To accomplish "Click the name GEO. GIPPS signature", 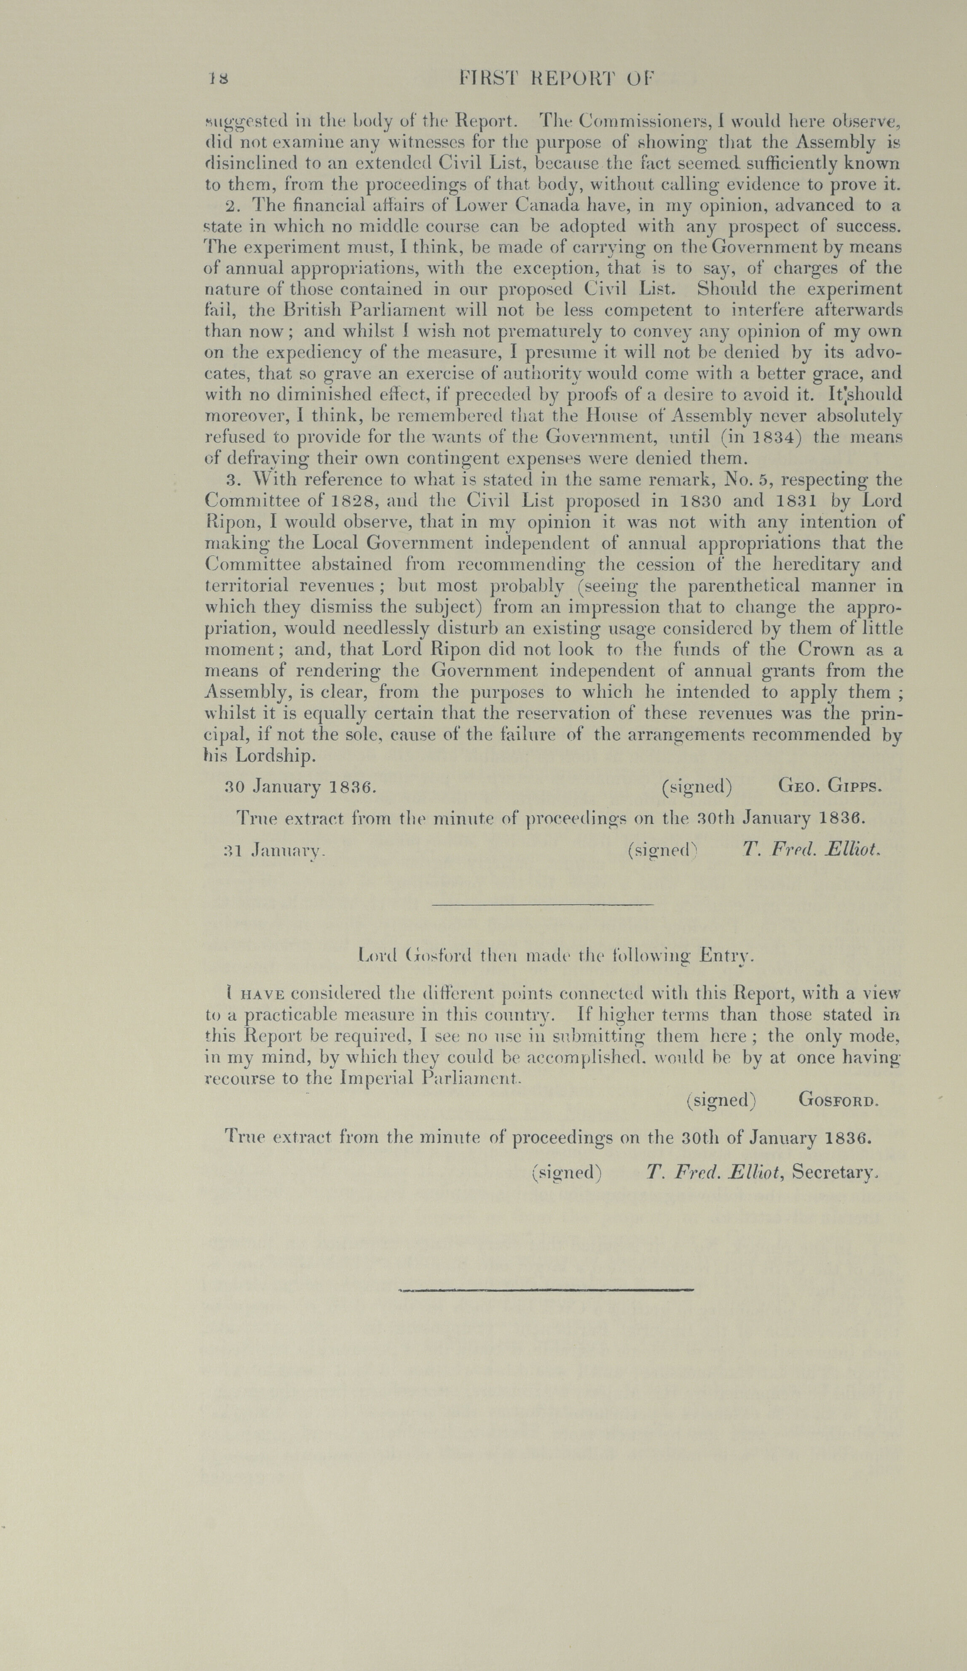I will [x=830, y=787].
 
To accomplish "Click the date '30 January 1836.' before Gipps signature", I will [x=302, y=787].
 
